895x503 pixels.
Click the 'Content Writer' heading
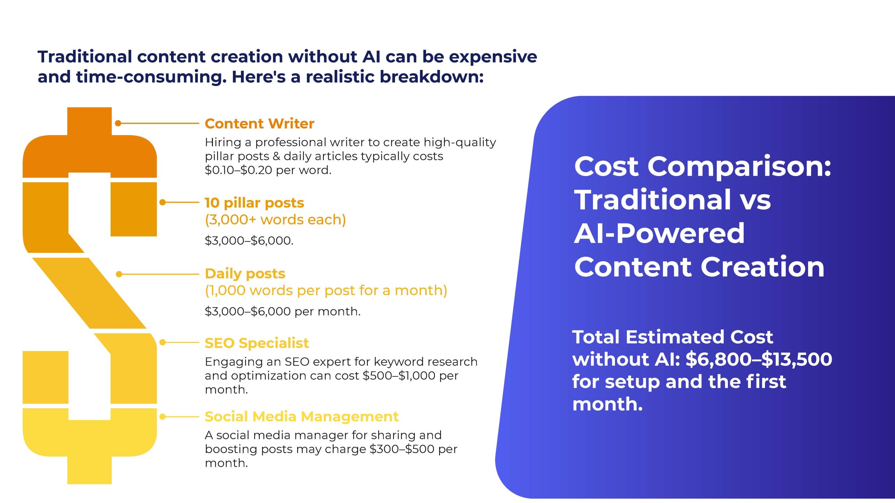tap(259, 124)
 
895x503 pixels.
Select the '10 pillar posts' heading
tap(255, 203)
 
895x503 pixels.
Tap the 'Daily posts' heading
tap(245, 274)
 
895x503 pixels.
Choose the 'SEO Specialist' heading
tap(257, 343)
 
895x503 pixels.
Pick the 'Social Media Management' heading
tap(301, 416)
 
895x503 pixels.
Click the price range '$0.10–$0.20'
tap(238, 170)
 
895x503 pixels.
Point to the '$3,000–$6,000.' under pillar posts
tap(249, 240)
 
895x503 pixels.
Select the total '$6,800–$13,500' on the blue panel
tap(759, 359)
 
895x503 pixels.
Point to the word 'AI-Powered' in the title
tap(659, 233)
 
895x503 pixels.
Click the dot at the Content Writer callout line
tap(118, 123)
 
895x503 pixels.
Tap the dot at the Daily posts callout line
tap(119, 274)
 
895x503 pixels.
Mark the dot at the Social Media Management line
tap(163, 416)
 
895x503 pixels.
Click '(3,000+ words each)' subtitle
tap(275, 220)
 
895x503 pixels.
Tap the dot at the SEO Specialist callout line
tap(163, 342)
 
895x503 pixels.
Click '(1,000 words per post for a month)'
tap(326, 291)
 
